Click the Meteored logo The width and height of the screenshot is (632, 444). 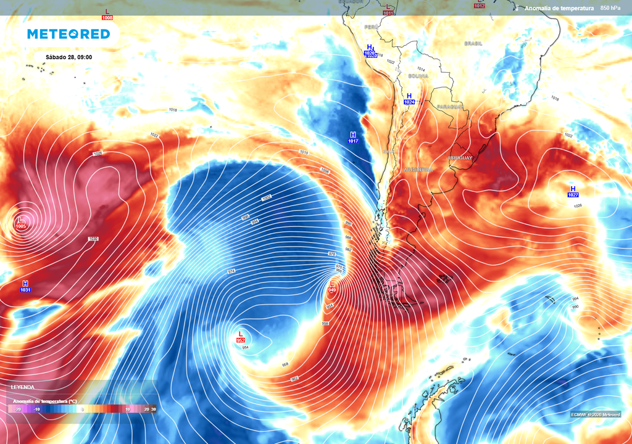[x=69, y=34]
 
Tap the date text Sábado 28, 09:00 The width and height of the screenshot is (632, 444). [x=69, y=57]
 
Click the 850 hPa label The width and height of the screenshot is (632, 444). [x=610, y=8]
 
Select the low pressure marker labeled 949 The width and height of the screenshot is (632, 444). [x=332, y=286]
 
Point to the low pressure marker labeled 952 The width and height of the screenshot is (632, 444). [x=241, y=337]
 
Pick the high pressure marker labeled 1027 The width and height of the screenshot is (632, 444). [x=573, y=191]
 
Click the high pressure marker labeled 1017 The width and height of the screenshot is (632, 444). [x=353, y=138]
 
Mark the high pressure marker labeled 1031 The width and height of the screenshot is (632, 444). [x=25, y=286]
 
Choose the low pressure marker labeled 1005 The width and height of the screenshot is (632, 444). [x=21, y=223]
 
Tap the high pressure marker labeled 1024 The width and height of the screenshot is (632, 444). [x=409, y=98]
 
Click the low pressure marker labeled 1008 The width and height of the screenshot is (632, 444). [x=108, y=14]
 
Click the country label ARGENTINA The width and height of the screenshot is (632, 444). [x=418, y=170]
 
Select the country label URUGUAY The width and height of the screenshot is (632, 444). [x=460, y=158]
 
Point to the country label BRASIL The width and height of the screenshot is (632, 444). [x=473, y=44]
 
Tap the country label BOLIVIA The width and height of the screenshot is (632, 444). [x=418, y=76]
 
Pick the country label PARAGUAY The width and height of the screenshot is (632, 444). [x=449, y=107]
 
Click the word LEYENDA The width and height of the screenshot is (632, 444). [x=22, y=387]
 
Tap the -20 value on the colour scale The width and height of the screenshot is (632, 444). [x=18, y=409]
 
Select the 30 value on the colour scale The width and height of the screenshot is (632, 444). [x=153, y=409]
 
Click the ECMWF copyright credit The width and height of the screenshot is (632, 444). [x=595, y=414]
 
